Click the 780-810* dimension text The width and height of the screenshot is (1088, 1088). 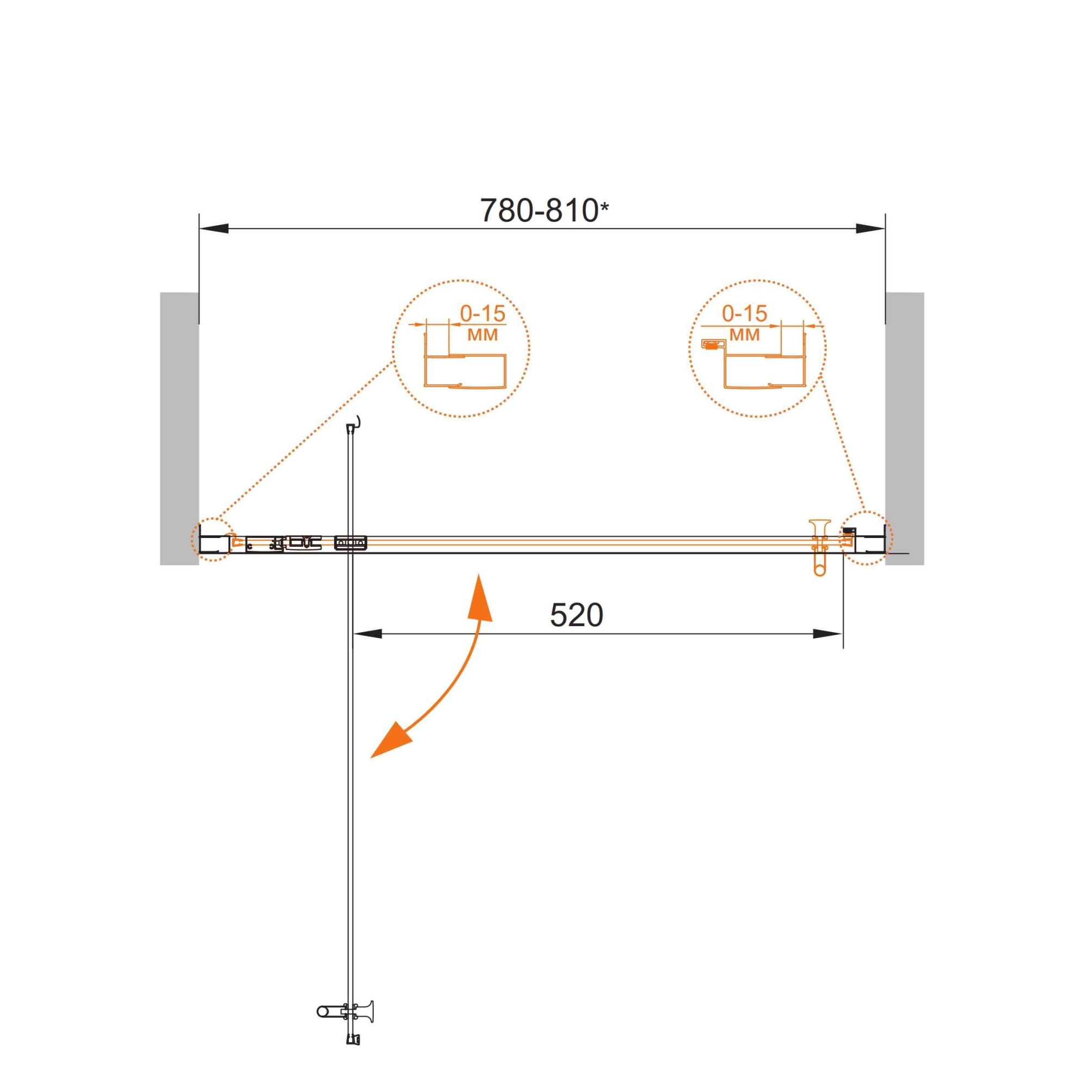(544, 211)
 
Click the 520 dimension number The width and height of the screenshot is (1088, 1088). (576, 615)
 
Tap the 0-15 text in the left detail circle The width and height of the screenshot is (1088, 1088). (483, 314)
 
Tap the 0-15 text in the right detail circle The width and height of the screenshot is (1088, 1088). (745, 314)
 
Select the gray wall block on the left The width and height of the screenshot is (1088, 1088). (179, 429)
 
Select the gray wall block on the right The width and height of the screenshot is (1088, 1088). (905, 429)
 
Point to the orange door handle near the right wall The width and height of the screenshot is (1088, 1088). (819, 547)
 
